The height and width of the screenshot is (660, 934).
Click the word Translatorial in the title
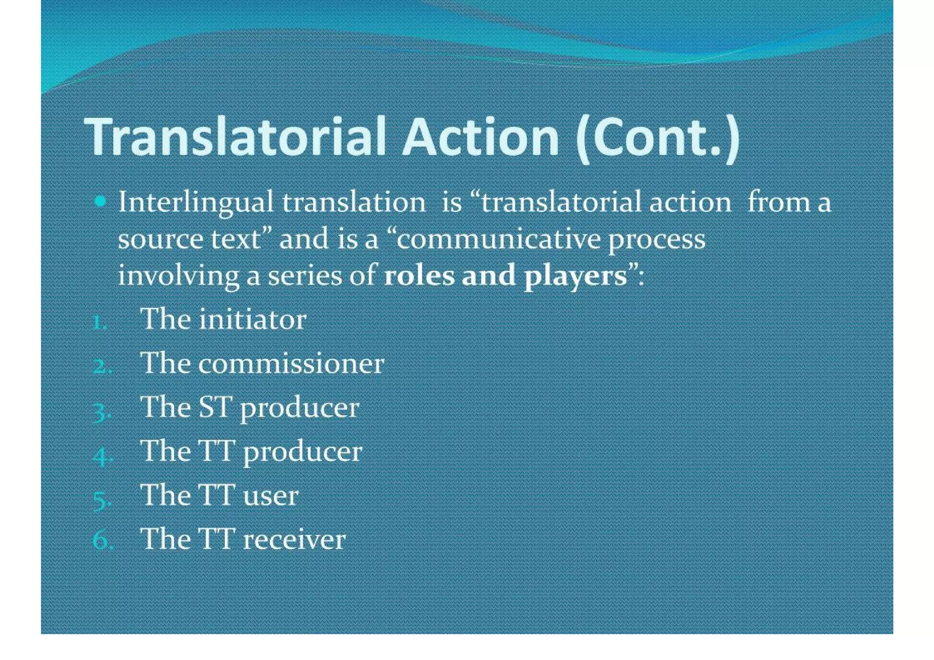pyautogui.click(x=235, y=137)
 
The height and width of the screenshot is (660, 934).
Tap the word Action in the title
pyautogui.click(x=480, y=137)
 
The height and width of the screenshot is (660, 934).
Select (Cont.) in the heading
pyautogui.click(x=657, y=138)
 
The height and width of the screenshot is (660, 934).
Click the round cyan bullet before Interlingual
pyautogui.click(x=100, y=201)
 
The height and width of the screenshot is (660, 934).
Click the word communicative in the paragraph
pyautogui.click(x=498, y=239)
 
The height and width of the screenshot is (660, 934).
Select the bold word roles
pyautogui.click(x=420, y=275)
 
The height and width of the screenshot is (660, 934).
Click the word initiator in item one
pyautogui.click(x=253, y=319)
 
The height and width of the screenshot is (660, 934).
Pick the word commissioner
pyautogui.click(x=291, y=364)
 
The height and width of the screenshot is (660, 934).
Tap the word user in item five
pyautogui.click(x=271, y=495)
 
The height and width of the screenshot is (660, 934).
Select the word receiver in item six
pyautogui.click(x=295, y=540)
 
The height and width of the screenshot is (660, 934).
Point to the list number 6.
pyautogui.click(x=101, y=540)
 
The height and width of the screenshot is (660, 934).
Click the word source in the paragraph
pyautogui.click(x=160, y=239)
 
